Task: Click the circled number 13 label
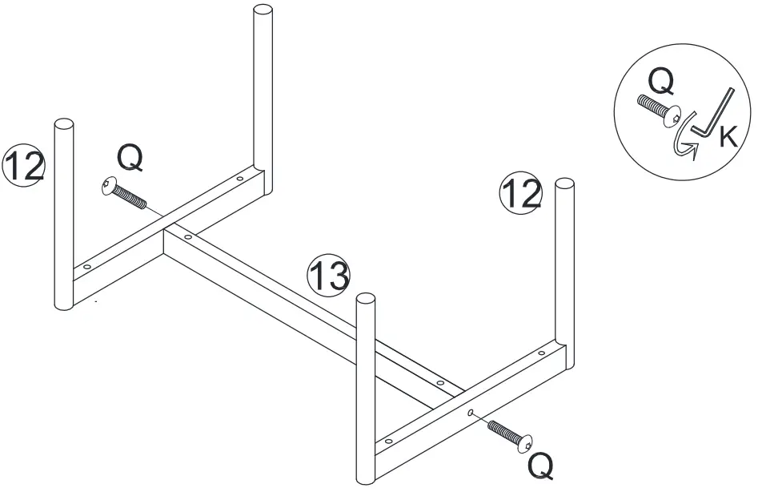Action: tap(329, 275)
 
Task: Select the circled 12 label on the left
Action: tap(23, 165)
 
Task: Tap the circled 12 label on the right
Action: tap(520, 194)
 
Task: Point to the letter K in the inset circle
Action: tap(728, 137)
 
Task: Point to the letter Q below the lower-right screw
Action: tap(540, 465)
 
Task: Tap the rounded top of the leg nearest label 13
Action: tap(366, 301)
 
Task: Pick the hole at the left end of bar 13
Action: tap(188, 236)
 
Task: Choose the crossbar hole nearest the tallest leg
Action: tap(239, 179)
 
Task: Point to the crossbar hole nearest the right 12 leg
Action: tap(541, 353)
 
